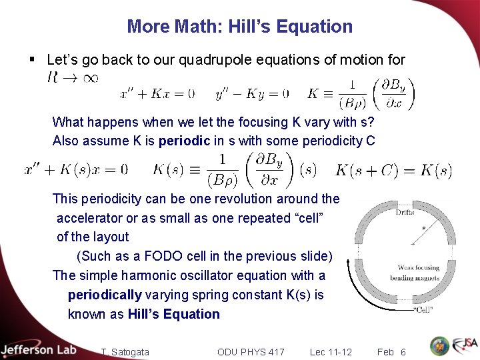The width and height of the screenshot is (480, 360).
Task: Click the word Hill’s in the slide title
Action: tap(249, 27)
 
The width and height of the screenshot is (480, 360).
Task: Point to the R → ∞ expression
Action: tap(73, 78)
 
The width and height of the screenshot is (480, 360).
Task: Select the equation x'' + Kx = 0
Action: tap(157, 93)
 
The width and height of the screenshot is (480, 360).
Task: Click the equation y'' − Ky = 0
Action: tap(252, 93)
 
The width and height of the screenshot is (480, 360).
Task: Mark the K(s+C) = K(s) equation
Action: tap(393, 170)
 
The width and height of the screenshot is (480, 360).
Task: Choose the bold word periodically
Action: tap(105, 295)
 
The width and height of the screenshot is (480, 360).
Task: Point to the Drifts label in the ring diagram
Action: tap(405, 213)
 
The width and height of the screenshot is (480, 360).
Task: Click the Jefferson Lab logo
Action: tap(38, 349)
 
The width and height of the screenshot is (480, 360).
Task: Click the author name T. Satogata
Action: tap(125, 351)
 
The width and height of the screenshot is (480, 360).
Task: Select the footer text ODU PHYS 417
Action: tap(251, 351)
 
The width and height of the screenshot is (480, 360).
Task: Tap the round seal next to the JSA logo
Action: tap(439, 346)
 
